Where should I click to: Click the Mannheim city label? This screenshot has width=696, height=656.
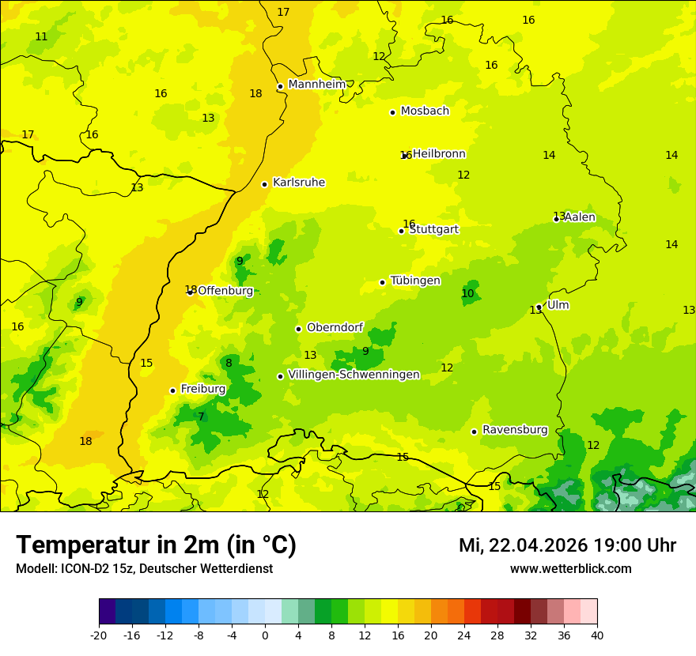[x=316, y=85]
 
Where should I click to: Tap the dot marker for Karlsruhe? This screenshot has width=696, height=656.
[x=264, y=184]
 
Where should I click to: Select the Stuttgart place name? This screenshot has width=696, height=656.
[x=433, y=229]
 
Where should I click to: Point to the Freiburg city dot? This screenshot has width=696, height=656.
[x=172, y=390]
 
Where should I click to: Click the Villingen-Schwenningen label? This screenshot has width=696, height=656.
[x=354, y=375]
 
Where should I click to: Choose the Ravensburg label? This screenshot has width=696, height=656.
[x=515, y=430]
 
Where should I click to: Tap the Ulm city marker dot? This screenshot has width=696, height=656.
[x=539, y=307]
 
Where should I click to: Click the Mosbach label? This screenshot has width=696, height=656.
[x=425, y=111]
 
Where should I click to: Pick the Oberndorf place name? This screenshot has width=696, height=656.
[x=335, y=327]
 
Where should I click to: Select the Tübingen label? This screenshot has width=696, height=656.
[x=415, y=281]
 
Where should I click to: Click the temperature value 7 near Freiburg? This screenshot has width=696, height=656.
[x=201, y=417]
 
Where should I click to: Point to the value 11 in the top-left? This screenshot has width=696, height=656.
[x=41, y=37]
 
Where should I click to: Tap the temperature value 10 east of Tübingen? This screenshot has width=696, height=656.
[x=467, y=293]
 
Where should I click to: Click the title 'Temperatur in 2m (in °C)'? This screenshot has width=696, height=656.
[x=156, y=545]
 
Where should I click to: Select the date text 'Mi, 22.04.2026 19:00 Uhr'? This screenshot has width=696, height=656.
[x=567, y=545]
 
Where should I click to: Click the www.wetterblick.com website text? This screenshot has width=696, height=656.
[x=570, y=569]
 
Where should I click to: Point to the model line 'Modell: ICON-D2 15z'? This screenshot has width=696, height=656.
[x=144, y=569]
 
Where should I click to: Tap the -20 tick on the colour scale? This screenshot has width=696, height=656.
[x=99, y=635]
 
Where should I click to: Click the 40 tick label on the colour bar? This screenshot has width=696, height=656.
[x=597, y=635]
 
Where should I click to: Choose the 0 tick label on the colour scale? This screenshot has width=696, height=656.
[x=265, y=635]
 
